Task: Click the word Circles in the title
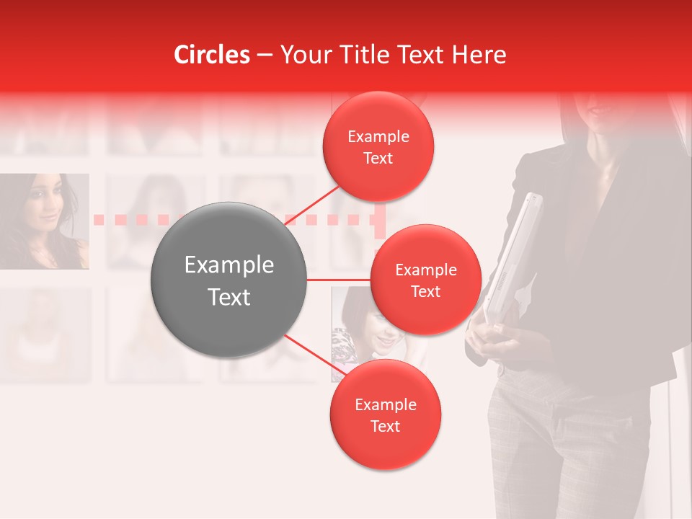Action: [212, 55]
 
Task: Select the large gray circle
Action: [229, 280]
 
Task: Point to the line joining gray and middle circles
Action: [338, 280]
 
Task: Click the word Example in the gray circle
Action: [229, 265]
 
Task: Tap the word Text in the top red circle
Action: [378, 159]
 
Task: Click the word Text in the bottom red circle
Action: [385, 427]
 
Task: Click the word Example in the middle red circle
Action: [425, 270]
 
